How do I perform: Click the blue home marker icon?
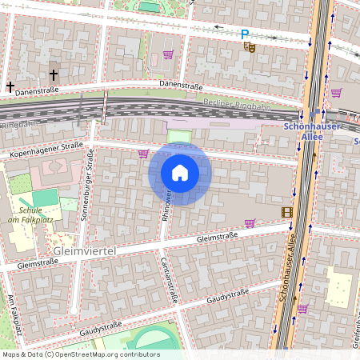(x=180, y=173)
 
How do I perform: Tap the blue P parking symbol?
(x=245, y=34)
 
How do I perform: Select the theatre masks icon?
(x=250, y=47)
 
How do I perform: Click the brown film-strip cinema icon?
(x=286, y=212)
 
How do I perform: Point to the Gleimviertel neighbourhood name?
(x=84, y=251)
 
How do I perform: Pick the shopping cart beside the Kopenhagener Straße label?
(x=143, y=154)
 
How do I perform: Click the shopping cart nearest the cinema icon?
(x=250, y=223)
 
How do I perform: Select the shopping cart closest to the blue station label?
(x=336, y=93)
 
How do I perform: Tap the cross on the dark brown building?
(x=54, y=74)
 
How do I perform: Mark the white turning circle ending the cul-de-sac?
(x=73, y=310)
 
